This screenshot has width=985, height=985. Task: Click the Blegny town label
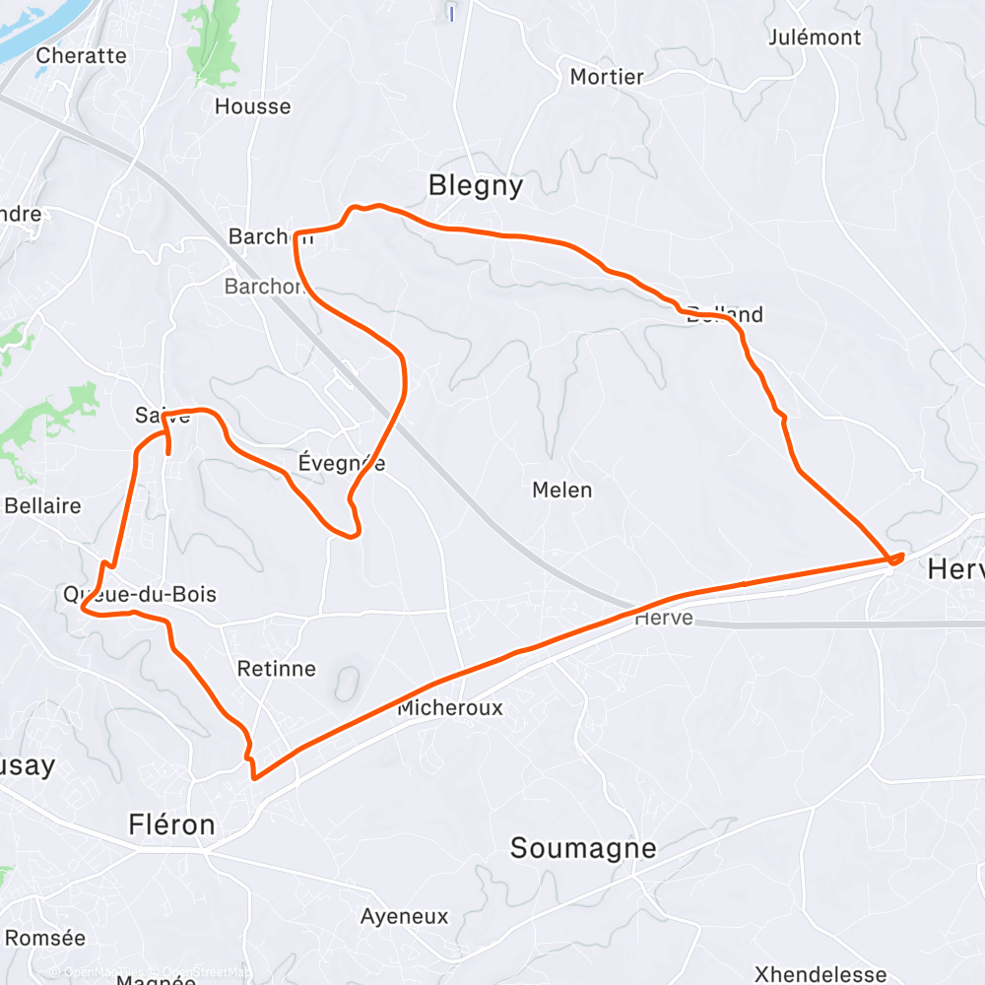[475, 185]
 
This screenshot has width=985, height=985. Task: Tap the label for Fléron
[171, 824]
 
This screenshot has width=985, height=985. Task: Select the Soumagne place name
[581, 848]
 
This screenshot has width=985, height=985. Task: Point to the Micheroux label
[449, 708]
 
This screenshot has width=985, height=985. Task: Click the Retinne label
[277, 669]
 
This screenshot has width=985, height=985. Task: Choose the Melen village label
[561, 490]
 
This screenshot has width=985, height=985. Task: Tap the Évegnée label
[341, 463]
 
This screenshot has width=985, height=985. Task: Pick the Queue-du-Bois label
[139, 594]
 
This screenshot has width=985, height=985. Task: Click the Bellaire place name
[42, 506]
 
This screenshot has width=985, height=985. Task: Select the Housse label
[253, 106]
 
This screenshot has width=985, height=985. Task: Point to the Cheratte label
[81, 55]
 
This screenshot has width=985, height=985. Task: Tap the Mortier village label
[607, 77]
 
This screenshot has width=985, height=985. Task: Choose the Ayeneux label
[404, 916]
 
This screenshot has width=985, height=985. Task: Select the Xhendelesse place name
[821, 974]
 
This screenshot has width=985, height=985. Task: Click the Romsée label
[45, 937]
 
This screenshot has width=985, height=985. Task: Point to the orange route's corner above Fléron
[255, 776]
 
